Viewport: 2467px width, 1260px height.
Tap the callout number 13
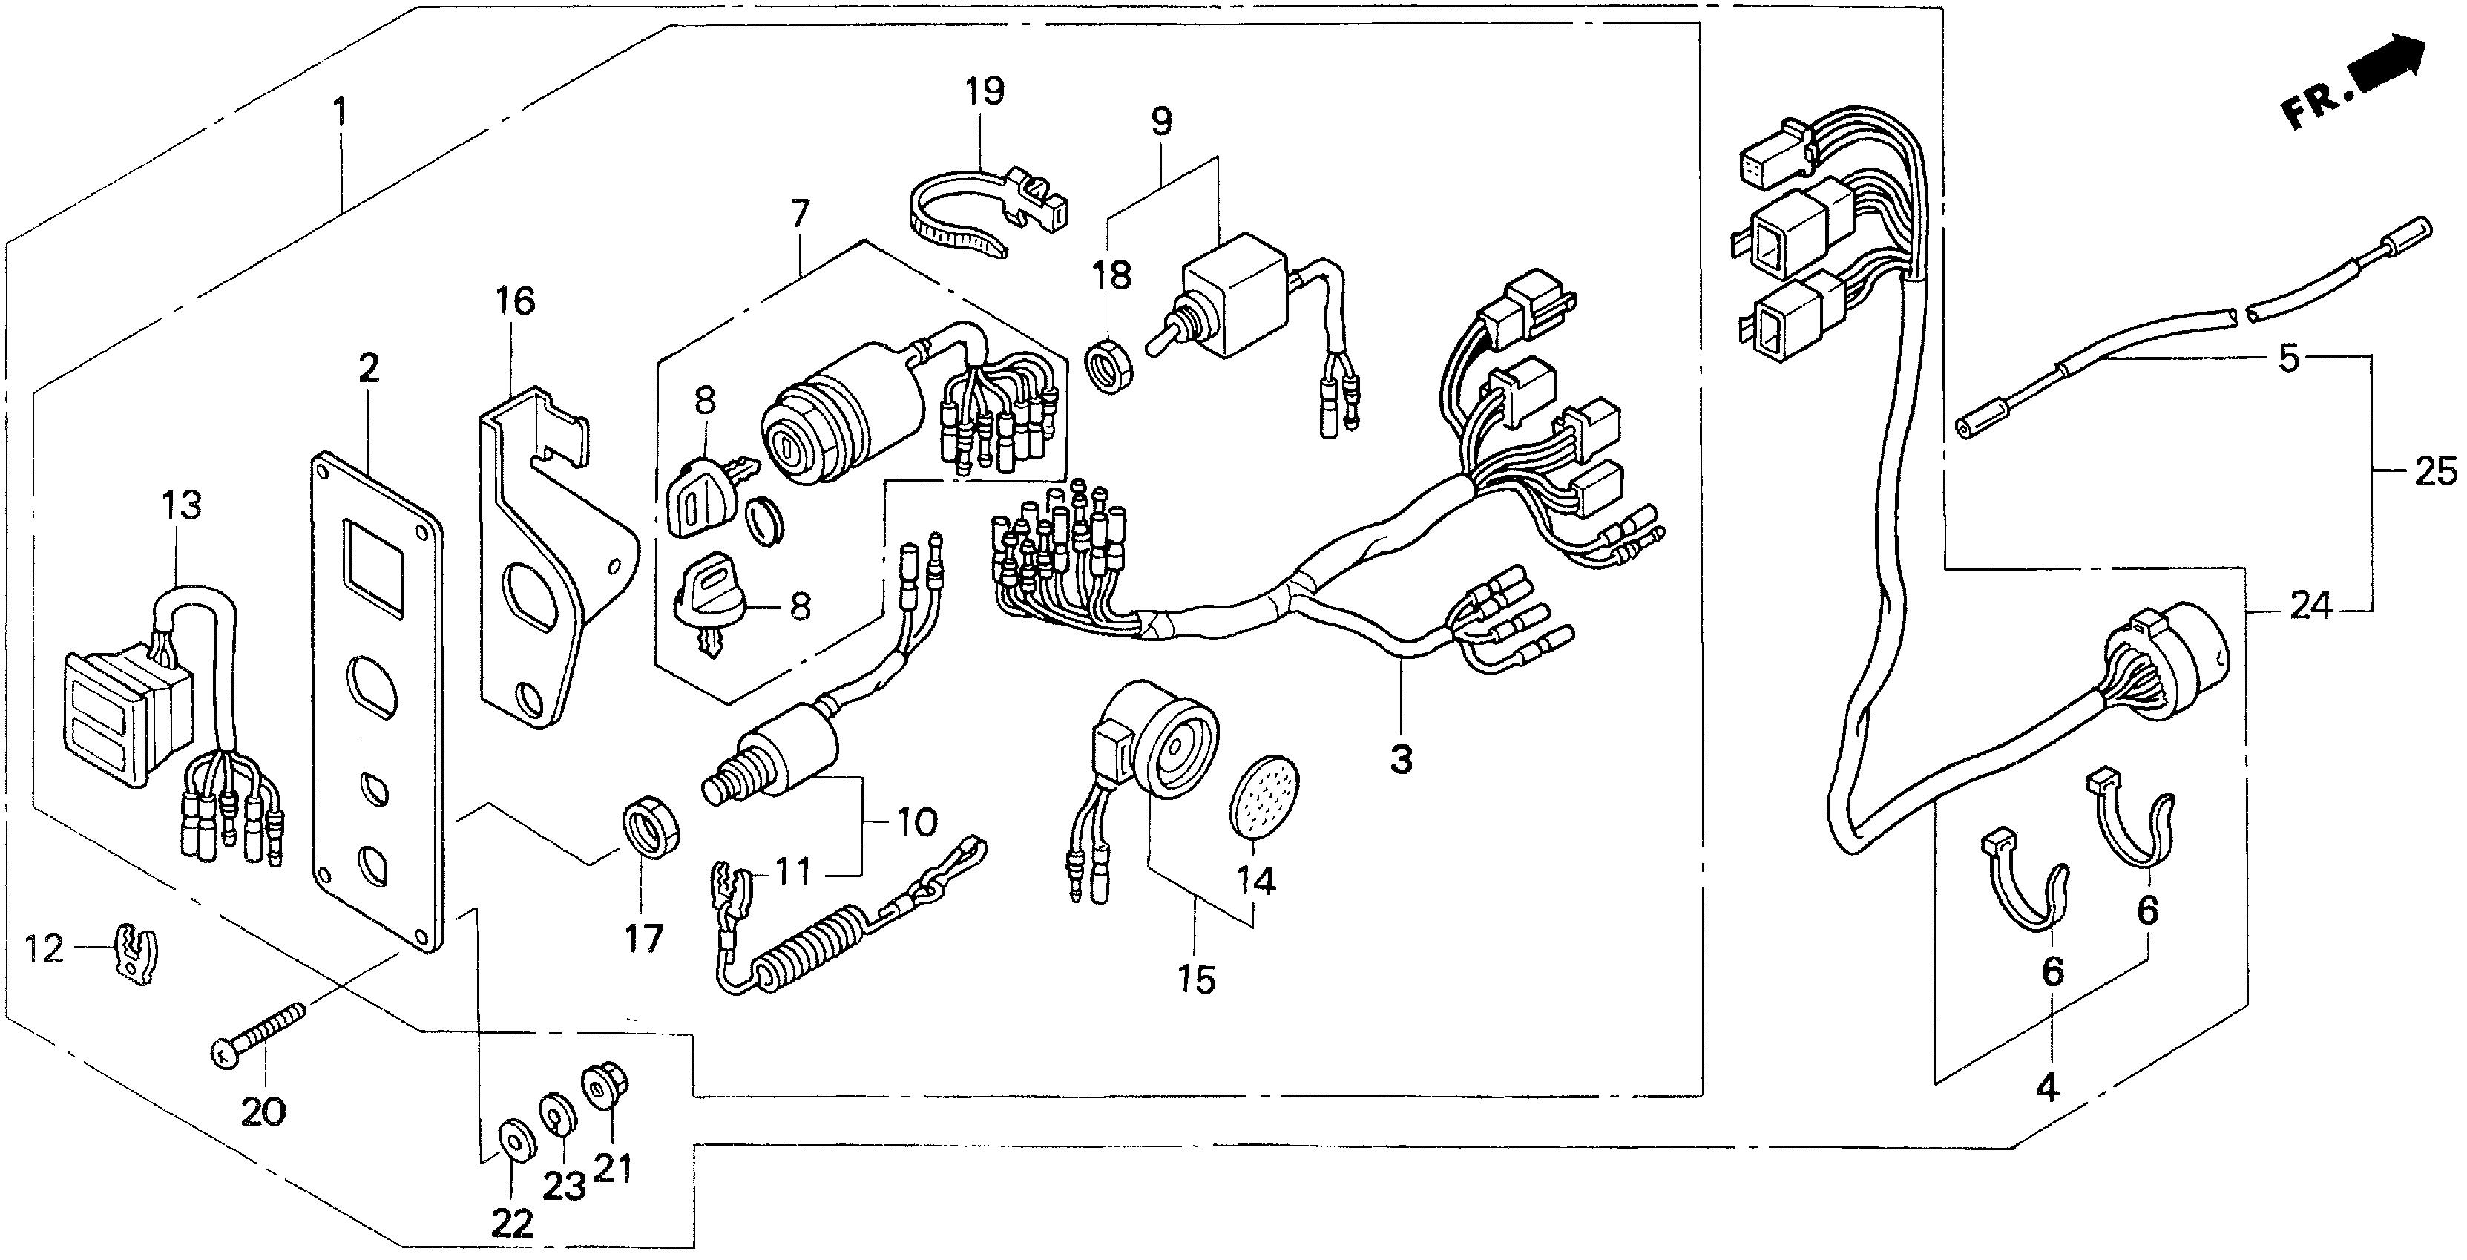coord(182,504)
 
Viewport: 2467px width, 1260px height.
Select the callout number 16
coord(514,301)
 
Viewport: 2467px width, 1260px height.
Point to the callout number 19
coord(984,92)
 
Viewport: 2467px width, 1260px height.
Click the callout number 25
coord(2434,471)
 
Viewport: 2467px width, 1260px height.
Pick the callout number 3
coord(1400,761)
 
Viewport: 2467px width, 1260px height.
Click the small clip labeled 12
coord(137,954)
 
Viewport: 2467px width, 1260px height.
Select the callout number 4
coord(2046,1088)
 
